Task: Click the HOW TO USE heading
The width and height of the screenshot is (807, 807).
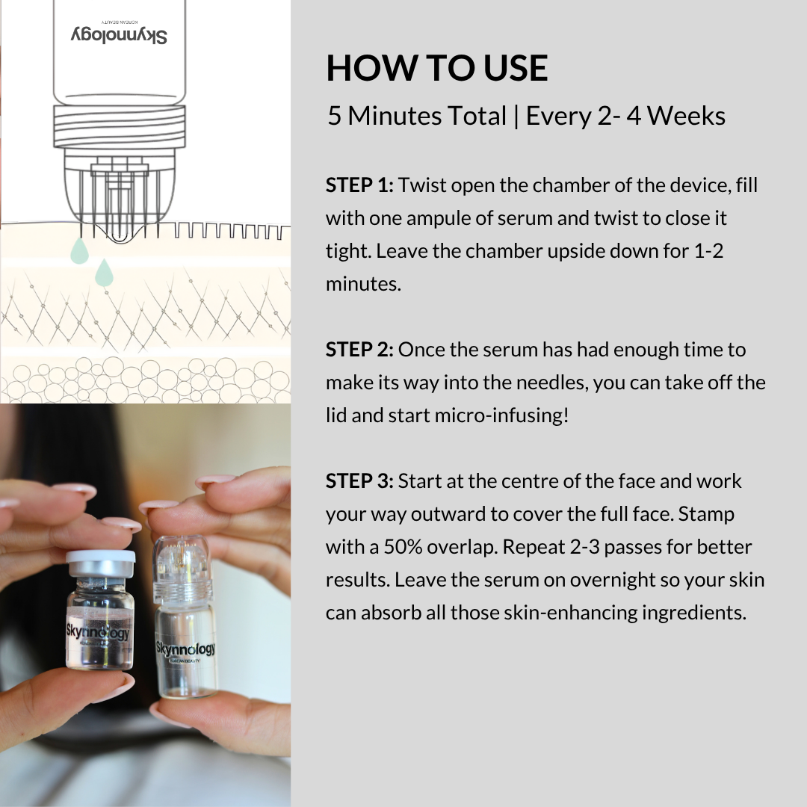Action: point(437,69)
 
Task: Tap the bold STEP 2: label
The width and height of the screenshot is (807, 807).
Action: point(359,350)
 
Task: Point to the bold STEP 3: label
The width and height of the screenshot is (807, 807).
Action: point(359,481)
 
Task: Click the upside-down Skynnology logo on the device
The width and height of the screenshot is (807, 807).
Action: point(120,35)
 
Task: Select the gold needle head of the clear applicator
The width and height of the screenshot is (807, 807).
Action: point(182,552)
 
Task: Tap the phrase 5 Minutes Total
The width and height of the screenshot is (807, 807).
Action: point(417,117)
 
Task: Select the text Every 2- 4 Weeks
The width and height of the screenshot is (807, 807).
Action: point(625,117)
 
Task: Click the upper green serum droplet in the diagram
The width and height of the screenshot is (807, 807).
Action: point(79,251)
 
